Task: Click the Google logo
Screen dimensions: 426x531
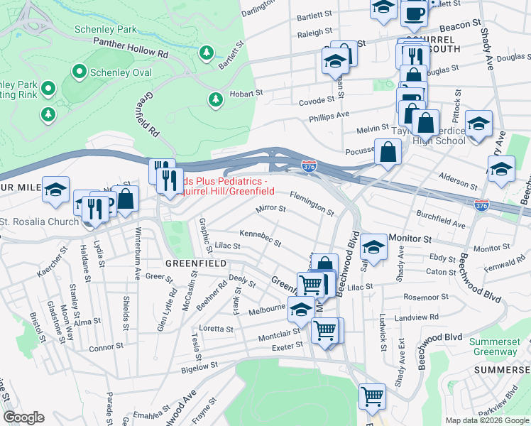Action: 24,417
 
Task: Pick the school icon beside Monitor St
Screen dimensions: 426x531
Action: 373,247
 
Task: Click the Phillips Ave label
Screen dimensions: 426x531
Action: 333,114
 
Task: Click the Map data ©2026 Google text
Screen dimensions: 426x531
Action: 486,420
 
